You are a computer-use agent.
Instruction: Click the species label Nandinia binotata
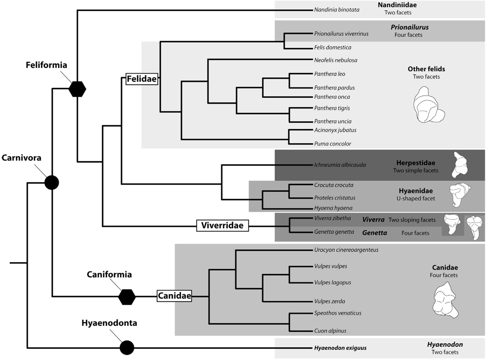337,10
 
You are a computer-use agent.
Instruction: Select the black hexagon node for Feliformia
77,88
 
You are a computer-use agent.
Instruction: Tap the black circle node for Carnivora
51,182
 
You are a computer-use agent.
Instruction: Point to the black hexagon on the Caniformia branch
127,296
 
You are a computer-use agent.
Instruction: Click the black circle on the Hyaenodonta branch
127,348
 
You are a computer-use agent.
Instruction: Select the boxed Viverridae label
222,225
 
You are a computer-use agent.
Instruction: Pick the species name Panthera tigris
332,108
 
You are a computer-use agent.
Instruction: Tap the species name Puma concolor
332,144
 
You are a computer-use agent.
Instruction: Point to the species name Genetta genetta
334,232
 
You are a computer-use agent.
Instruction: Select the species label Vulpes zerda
329,301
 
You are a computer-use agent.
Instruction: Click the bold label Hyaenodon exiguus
340,348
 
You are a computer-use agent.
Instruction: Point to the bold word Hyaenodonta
109,323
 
